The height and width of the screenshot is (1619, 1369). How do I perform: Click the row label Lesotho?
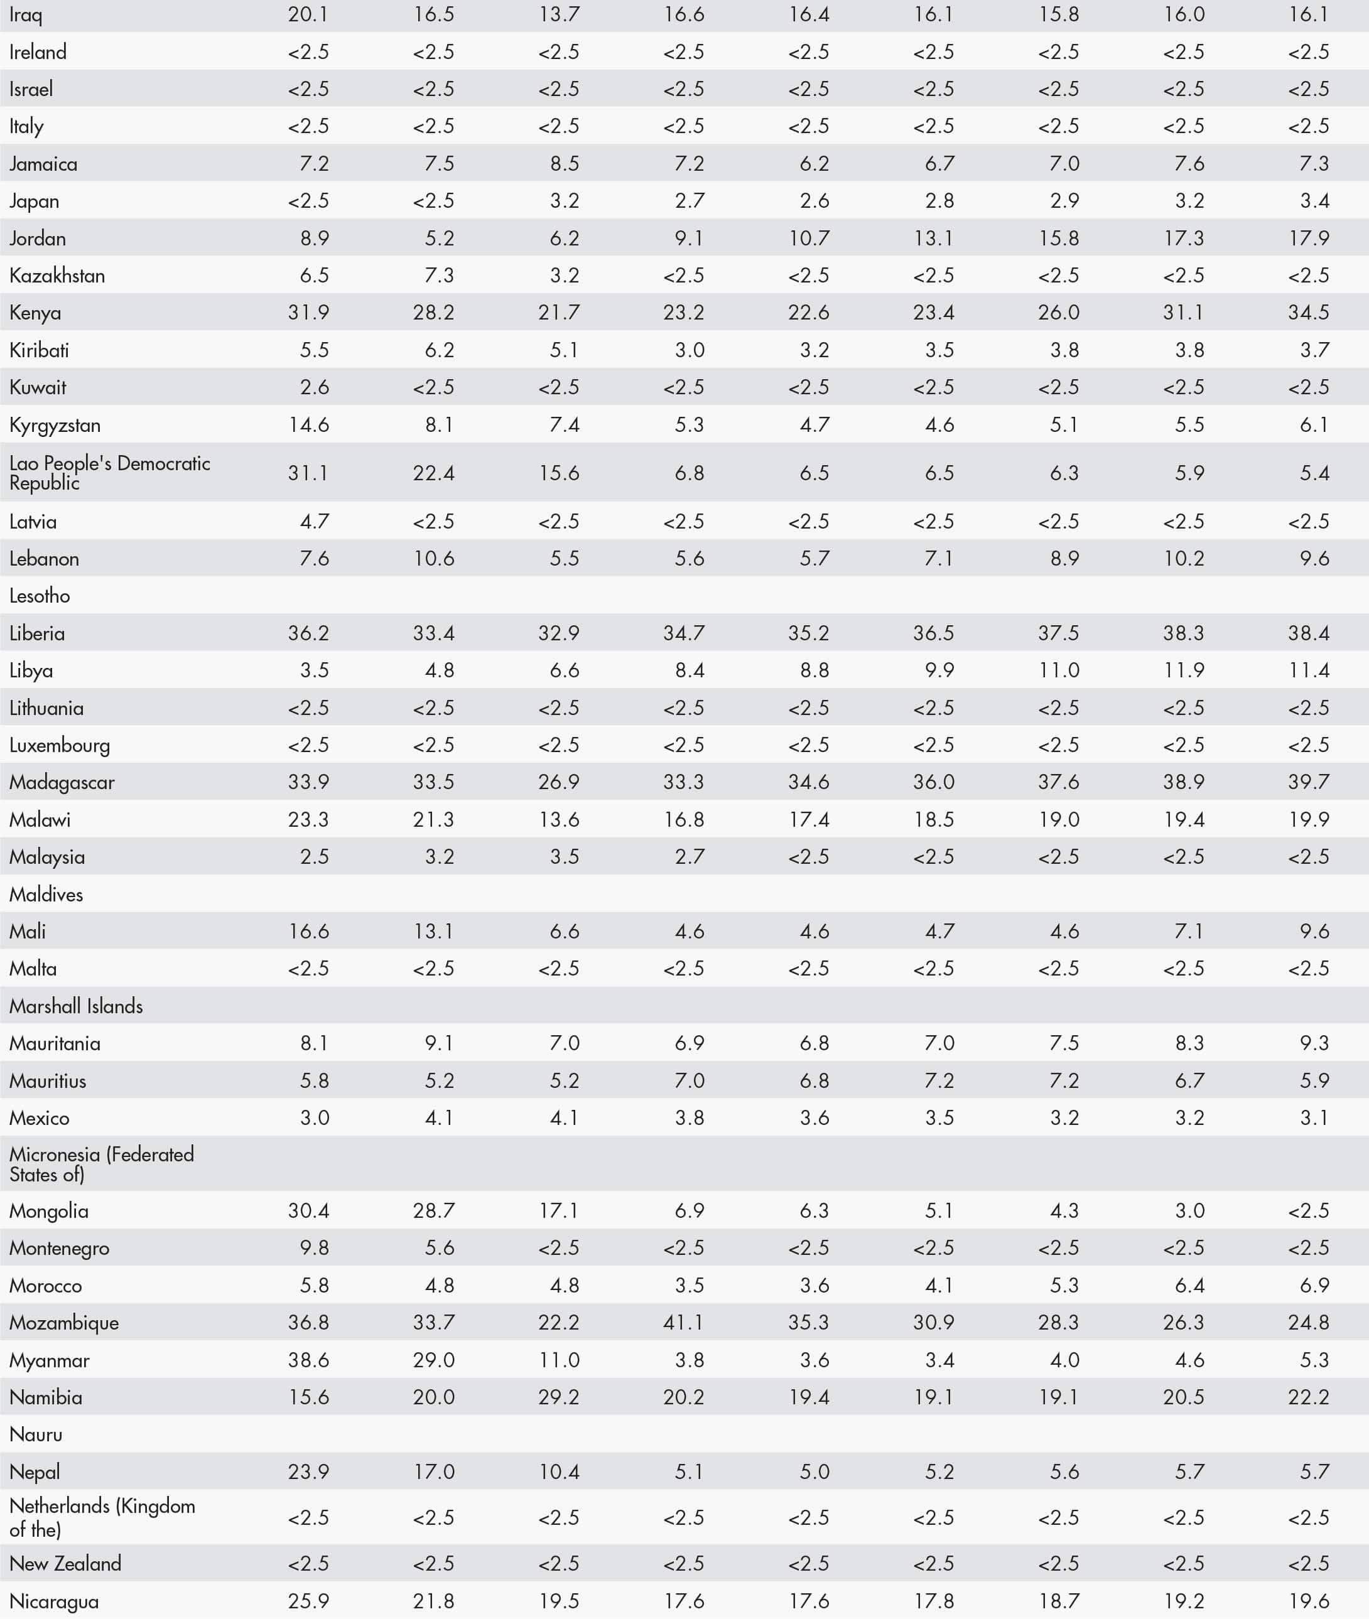pyautogui.click(x=40, y=596)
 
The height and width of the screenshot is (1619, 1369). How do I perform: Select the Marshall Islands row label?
pyautogui.click(x=76, y=1006)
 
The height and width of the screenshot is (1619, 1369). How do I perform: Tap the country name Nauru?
pyautogui.click(x=36, y=1434)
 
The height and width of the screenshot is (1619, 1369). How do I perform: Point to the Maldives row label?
pyautogui.click(x=46, y=895)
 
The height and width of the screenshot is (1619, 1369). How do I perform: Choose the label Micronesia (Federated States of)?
pyautogui.click(x=101, y=1164)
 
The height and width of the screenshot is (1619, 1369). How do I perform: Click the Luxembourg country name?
pyautogui.click(x=60, y=746)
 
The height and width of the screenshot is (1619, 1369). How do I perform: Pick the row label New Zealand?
pyautogui.click(x=65, y=1563)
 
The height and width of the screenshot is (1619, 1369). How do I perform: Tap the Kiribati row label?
pyautogui.click(x=39, y=350)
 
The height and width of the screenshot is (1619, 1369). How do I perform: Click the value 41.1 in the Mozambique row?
pyautogui.click(x=684, y=1323)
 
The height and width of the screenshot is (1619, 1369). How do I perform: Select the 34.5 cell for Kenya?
pyautogui.click(x=1309, y=313)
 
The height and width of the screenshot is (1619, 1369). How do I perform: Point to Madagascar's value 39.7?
pyautogui.click(x=1309, y=782)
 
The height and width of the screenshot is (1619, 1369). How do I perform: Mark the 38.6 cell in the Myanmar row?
pyautogui.click(x=308, y=1360)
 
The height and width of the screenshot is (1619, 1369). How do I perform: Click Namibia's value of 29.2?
pyautogui.click(x=559, y=1397)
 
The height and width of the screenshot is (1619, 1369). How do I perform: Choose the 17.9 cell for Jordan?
pyautogui.click(x=1309, y=238)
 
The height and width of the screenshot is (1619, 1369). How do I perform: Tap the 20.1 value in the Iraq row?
pyautogui.click(x=308, y=14)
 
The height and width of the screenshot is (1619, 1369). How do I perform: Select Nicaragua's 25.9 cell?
pyautogui.click(x=308, y=1600)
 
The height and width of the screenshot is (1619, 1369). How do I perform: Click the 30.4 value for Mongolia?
pyautogui.click(x=308, y=1210)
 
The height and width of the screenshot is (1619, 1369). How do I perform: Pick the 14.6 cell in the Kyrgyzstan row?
pyautogui.click(x=308, y=425)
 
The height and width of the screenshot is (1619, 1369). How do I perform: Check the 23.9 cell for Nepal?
pyautogui.click(x=308, y=1471)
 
